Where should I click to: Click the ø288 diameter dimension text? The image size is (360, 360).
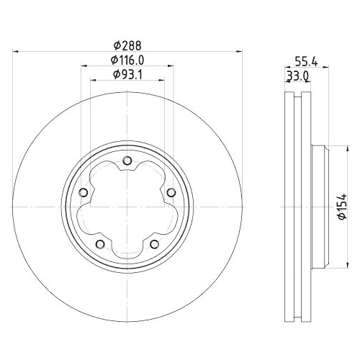127,45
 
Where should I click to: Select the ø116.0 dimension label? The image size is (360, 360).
127,60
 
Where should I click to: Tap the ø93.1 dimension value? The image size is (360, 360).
127,74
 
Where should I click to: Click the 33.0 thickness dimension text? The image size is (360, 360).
299,75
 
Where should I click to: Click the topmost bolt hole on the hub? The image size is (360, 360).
127,162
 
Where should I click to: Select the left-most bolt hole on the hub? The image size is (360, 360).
84,192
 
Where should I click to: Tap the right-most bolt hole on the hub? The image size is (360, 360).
171,192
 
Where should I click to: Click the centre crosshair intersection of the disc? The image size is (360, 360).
127,207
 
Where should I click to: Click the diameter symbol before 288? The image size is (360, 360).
114,45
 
